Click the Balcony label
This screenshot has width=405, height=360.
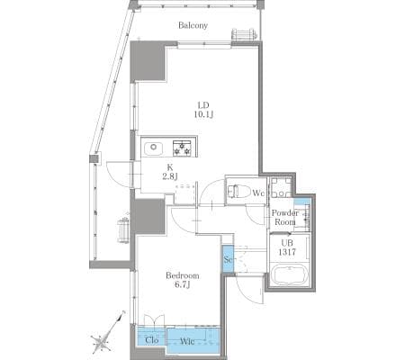coord(193,25)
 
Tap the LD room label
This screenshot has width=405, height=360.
coord(203,105)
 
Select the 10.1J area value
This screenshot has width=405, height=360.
coord(203,114)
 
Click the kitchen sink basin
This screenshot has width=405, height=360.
coord(154,148)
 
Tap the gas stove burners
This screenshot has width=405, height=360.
coord(182,148)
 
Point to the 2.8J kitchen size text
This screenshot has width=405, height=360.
coord(170,176)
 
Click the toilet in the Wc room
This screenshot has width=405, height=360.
coord(237,191)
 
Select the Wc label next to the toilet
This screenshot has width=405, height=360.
coord(258,193)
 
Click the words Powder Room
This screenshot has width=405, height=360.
coord(285,218)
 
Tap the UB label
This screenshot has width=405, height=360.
coord(287,243)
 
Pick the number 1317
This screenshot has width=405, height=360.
coord(287,252)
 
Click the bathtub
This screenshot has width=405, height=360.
coord(290,275)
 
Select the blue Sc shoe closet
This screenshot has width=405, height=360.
coord(228,259)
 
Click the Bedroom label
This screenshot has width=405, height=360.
coord(183,275)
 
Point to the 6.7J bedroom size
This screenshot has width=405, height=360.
coord(182,284)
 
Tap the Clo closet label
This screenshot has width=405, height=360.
coord(152,340)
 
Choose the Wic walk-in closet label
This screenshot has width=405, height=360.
coord(187,341)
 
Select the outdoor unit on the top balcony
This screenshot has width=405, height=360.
coord(244,34)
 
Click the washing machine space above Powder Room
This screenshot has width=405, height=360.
coord(281,187)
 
